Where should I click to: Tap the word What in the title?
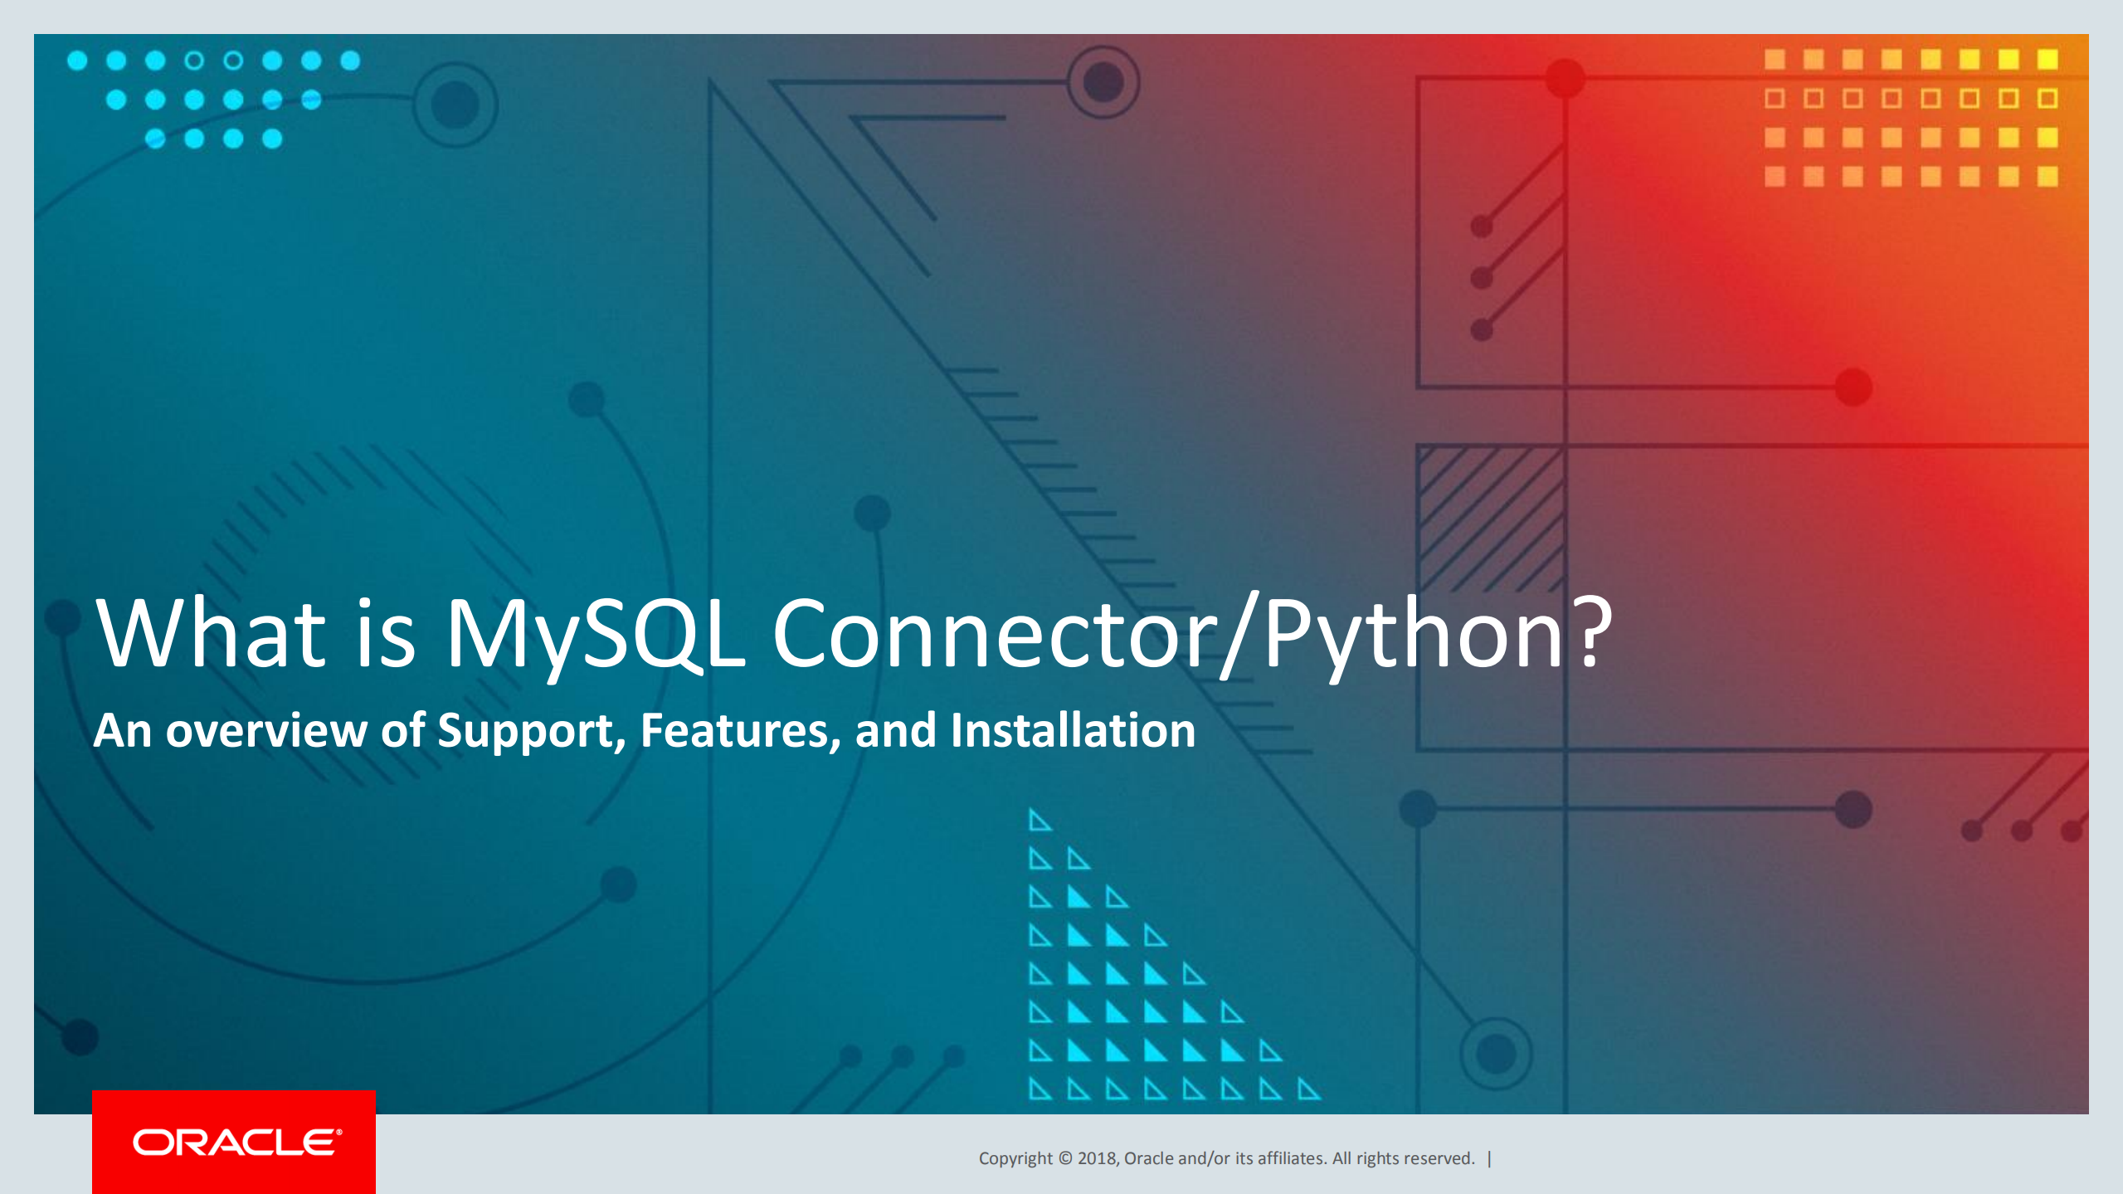point(212,634)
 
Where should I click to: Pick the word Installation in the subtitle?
point(1072,731)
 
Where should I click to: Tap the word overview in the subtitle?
point(266,731)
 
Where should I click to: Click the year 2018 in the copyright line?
point(1098,1158)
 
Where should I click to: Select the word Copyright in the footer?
point(1015,1158)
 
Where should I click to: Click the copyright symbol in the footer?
point(1065,1158)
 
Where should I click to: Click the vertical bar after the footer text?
point(1490,1158)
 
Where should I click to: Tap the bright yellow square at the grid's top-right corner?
point(2048,59)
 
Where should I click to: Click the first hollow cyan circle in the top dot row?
point(194,61)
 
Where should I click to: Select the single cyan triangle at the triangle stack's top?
point(1040,821)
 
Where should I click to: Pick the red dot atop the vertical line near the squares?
point(1565,79)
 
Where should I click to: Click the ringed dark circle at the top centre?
point(1103,82)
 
